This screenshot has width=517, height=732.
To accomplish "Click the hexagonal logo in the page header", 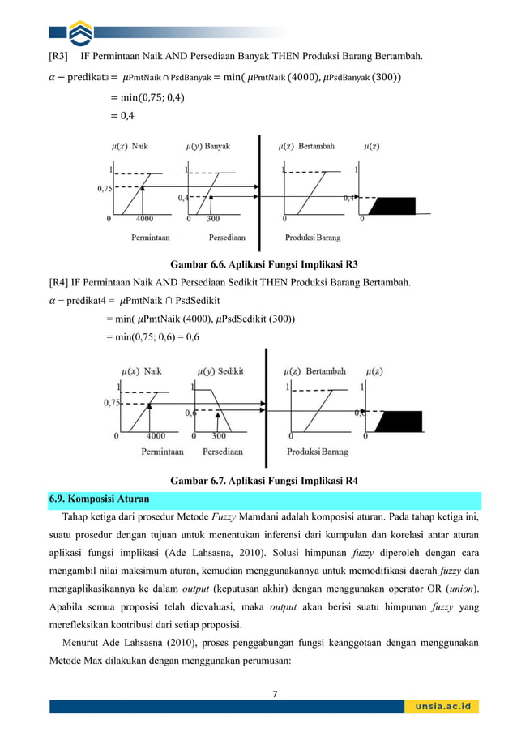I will (80, 33).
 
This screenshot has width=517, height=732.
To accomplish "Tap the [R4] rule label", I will (59, 282).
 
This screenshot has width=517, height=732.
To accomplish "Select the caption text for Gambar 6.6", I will (263, 264).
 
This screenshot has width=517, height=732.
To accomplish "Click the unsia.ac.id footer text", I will (442, 706).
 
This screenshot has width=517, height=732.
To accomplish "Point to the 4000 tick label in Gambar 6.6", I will (144, 219).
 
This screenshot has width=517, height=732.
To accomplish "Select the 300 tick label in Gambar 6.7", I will (219, 435).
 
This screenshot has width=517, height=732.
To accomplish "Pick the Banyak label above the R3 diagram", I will (216, 147).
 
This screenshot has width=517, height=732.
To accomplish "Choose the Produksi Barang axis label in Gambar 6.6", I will (312, 238).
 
